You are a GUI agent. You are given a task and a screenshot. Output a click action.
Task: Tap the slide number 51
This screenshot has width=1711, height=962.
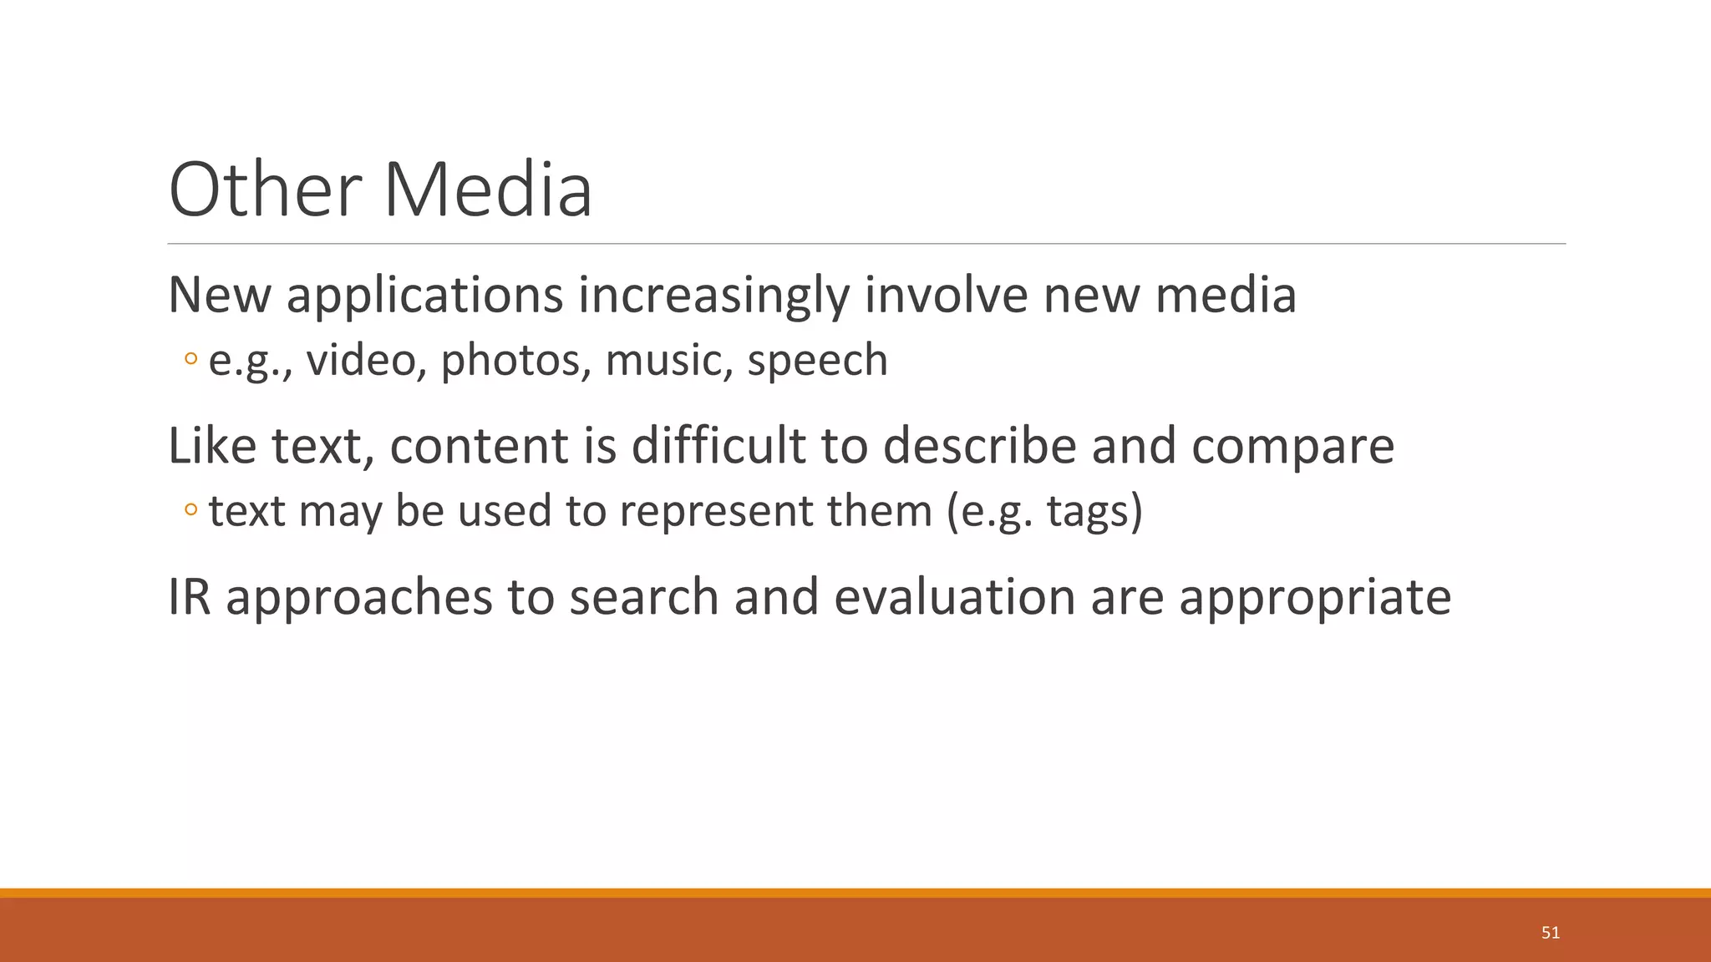[1551, 933]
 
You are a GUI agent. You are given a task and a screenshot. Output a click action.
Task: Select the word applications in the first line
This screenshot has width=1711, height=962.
[424, 296]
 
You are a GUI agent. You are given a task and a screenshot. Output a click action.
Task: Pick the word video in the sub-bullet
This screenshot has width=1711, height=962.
[361, 360]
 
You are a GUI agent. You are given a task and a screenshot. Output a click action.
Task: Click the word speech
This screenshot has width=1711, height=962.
[817, 362]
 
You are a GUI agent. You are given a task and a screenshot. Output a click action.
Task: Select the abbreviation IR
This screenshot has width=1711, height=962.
[190, 596]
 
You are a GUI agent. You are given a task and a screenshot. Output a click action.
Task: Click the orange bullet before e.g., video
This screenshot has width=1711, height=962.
[191, 360]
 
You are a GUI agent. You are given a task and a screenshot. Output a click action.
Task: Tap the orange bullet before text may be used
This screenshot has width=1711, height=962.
[191, 509]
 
